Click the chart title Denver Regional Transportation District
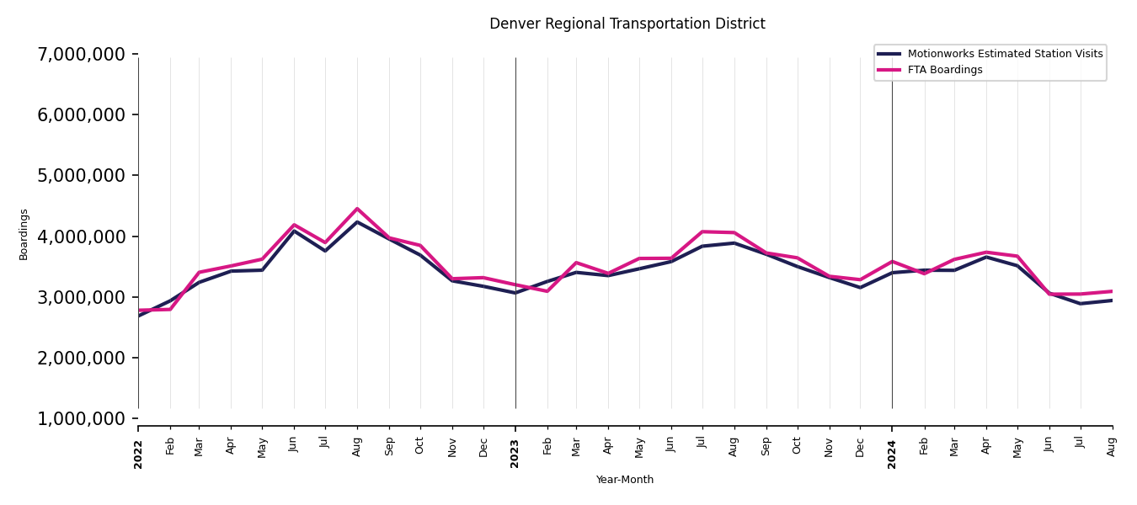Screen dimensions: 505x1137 [627, 24]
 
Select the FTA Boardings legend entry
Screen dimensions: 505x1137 [944, 70]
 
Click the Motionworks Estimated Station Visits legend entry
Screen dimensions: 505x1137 [1005, 54]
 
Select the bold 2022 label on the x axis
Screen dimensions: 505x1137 [139, 454]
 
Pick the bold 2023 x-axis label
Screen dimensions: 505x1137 [515, 454]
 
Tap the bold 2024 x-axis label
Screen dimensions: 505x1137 [892, 454]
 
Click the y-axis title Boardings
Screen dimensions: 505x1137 [24, 234]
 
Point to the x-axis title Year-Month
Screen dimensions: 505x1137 [624, 480]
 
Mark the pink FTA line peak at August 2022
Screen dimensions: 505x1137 [357, 209]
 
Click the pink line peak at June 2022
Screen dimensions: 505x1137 [294, 225]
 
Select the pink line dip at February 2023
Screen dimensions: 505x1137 [547, 291]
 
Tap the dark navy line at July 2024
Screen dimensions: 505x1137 [1081, 304]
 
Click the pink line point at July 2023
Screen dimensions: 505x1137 [702, 231]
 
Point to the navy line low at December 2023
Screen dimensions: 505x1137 [860, 288]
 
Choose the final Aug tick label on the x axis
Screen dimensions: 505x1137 [1112, 446]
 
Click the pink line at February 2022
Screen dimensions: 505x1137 [170, 309]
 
